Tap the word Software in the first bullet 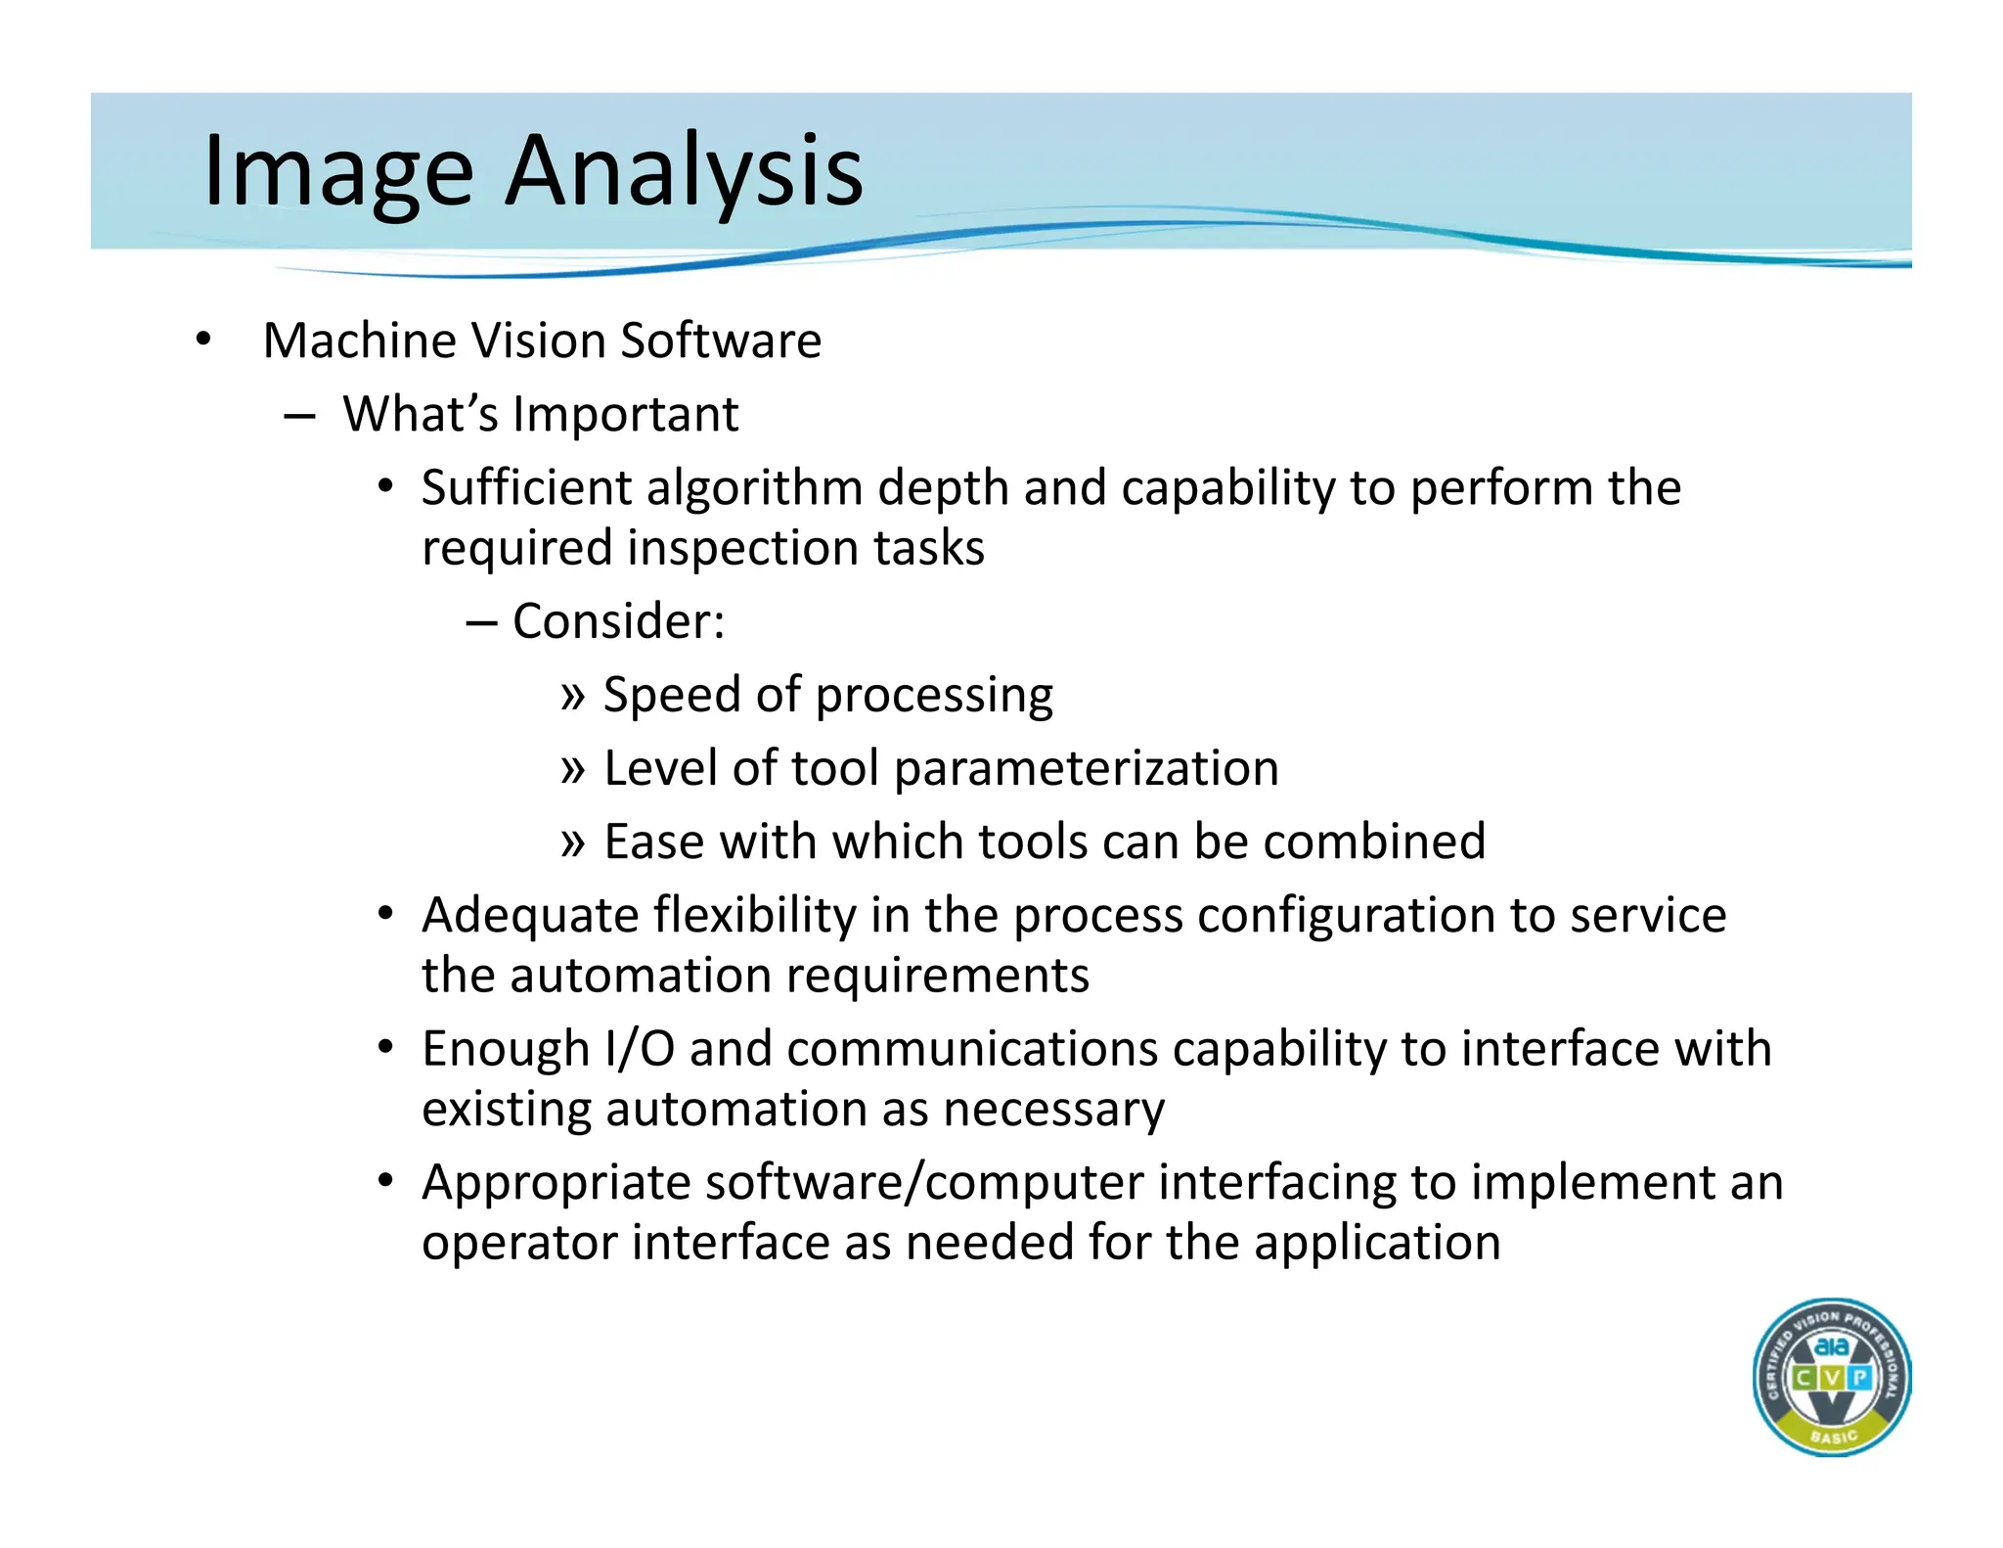pos(721,341)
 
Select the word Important pos(626,414)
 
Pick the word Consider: pos(618,621)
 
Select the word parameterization pos(1086,768)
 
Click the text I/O pos(640,1049)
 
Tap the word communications pos(972,1049)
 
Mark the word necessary pos(1053,1110)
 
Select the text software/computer pos(924,1183)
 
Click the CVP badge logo pos(1831,1377)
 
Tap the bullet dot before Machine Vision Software pos(202,341)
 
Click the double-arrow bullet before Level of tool pos(573,769)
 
